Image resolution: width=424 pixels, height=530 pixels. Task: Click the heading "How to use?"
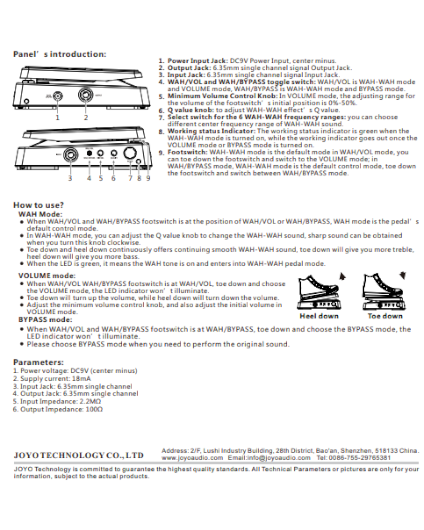point(39,205)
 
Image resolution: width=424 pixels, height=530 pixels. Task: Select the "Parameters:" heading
point(39,362)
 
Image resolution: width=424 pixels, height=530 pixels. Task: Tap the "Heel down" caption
point(319,316)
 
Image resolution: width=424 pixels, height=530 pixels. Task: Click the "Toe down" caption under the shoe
point(385,316)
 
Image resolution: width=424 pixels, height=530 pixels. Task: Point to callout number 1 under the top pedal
point(58,117)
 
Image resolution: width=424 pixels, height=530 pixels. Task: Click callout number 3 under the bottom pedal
point(70,178)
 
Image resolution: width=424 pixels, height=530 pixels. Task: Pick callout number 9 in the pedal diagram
point(148,178)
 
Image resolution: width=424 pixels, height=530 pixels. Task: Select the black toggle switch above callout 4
point(89,153)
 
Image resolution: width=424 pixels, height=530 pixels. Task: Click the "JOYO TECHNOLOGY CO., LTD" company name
point(78,455)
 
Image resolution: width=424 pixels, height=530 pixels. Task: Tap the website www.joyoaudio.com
point(192,458)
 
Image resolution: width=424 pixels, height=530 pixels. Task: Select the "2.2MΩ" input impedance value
point(90,401)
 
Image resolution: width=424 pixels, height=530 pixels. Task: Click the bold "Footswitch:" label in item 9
point(187,152)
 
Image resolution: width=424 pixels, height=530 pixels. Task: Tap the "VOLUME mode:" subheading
point(47,276)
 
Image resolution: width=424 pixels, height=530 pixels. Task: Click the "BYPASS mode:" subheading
point(45,320)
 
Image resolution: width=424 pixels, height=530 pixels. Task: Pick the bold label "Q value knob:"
point(191,110)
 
